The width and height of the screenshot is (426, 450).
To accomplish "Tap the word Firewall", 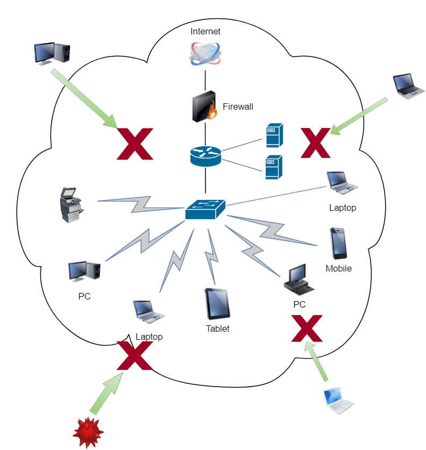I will tap(237, 106).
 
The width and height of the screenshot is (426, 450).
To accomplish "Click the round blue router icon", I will tap(205, 155).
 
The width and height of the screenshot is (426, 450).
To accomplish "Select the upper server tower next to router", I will tap(274, 135).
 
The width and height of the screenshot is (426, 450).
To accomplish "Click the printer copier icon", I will tap(70, 205).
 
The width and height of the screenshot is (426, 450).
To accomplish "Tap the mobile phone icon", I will tap(338, 244).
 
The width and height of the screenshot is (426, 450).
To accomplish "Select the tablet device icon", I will tap(217, 304).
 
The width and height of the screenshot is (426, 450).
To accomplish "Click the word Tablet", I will tap(217, 328).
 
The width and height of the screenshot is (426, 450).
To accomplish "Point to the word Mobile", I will tap(338, 268).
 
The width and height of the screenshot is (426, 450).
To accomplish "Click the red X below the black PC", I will tap(307, 329).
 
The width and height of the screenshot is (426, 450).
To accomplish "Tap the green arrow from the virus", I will tap(108, 394).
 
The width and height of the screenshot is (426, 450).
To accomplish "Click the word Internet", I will tap(205, 32).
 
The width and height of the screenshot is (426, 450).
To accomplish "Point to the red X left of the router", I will tap(135, 144).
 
